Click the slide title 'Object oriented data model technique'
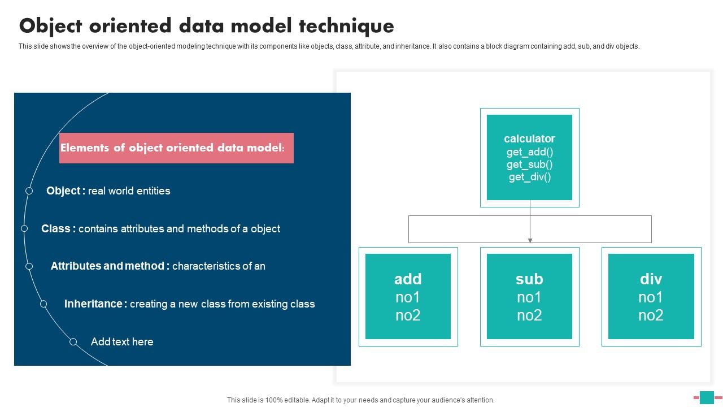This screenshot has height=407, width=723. click(x=206, y=26)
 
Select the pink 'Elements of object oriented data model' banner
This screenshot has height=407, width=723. click(x=176, y=148)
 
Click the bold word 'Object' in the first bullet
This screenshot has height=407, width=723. click(x=63, y=191)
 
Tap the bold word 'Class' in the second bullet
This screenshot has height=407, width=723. click(x=56, y=229)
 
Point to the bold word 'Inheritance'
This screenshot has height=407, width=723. click(x=93, y=304)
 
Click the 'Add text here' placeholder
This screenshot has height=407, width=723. click(x=122, y=342)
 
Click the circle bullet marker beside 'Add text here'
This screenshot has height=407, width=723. click(x=73, y=342)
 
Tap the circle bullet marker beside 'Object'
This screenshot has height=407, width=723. click(x=29, y=191)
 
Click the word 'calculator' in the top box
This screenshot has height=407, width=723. click(x=529, y=138)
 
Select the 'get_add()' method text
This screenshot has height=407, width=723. click(x=529, y=151)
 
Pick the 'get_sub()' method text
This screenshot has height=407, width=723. click(x=529, y=164)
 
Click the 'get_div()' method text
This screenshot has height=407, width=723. click(x=529, y=177)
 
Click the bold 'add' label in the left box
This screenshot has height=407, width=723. click(x=408, y=279)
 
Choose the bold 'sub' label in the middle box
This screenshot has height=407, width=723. click(x=529, y=279)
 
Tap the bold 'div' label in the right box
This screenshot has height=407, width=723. click(x=651, y=279)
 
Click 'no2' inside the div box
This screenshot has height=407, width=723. click(x=651, y=315)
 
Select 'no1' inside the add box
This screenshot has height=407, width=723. click(x=408, y=297)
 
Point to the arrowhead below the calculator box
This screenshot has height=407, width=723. click(x=530, y=240)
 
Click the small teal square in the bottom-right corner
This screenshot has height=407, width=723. click(x=707, y=397)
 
